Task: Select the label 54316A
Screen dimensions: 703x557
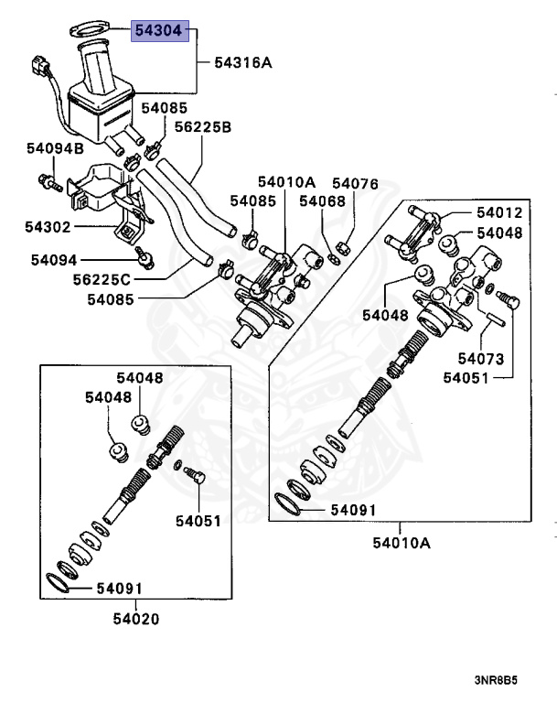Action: pyautogui.click(x=243, y=63)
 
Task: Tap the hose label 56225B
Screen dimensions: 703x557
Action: pyautogui.click(x=202, y=126)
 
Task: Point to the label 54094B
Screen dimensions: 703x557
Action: pyautogui.click(x=54, y=147)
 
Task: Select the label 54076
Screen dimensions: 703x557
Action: pyautogui.click(x=355, y=184)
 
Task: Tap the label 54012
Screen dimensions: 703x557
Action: pyautogui.click(x=499, y=213)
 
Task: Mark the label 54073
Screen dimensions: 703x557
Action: pyautogui.click(x=481, y=358)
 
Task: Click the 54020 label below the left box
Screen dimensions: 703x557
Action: pyautogui.click(x=136, y=619)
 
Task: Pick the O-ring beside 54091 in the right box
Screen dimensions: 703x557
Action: pyautogui.click(x=290, y=503)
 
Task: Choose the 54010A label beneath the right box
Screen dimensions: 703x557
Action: pyautogui.click(x=401, y=543)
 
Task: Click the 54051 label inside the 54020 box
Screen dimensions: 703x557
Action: pyautogui.click(x=198, y=521)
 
